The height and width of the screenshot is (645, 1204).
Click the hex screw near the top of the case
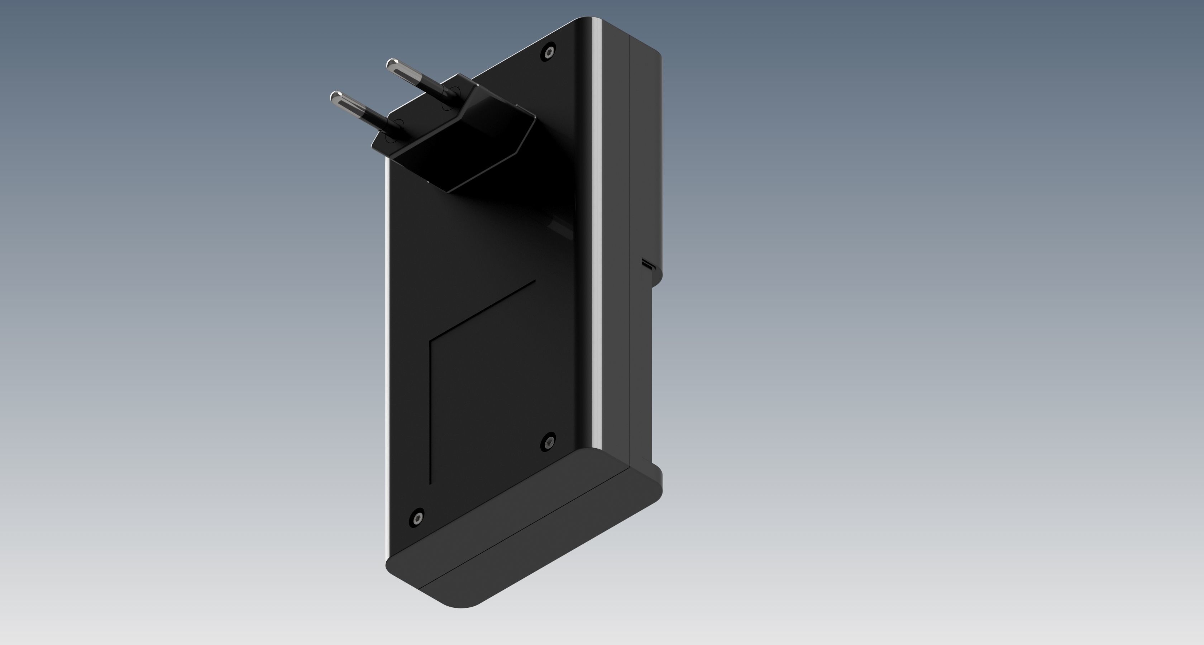[549, 52]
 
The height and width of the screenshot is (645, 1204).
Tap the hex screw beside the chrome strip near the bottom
[548, 441]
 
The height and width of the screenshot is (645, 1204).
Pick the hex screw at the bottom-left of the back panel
[416, 517]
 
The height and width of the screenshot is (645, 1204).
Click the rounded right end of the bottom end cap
[657, 486]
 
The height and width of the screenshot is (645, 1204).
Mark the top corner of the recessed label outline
[534, 281]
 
